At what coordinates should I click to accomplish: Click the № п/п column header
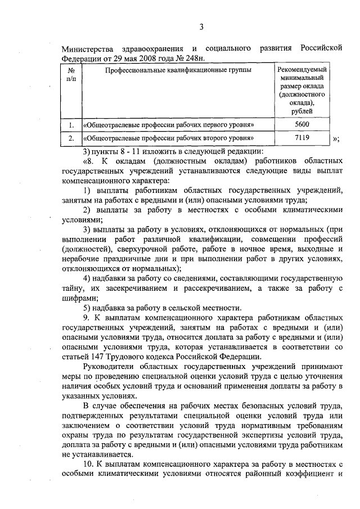(71, 76)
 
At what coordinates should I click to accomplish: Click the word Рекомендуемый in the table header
(302, 69)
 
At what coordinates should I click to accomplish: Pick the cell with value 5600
(302, 124)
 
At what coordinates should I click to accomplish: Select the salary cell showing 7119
(302, 137)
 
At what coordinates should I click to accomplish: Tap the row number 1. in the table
(71, 124)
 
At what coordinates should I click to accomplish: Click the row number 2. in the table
(71, 137)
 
